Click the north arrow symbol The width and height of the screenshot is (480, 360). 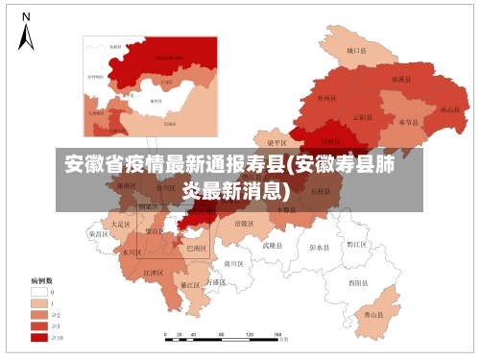[x=26, y=33]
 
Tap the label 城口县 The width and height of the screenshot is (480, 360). [x=357, y=50]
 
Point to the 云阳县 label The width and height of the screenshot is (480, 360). [x=363, y=117]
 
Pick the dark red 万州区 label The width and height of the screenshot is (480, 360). [x=330, y=140]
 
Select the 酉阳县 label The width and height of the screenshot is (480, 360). [x=360, y=283]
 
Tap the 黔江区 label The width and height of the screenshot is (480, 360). [x=357, y=245]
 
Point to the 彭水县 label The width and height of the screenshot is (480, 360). [x=320, y=247]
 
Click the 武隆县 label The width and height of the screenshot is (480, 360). [x=274, y=245]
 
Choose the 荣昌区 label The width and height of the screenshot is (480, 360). [x=99, y=233]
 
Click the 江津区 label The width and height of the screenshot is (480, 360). [x=153, y=273]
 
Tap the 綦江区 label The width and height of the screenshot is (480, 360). [x=190, y=285]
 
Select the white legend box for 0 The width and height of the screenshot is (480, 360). [x=38, y=291]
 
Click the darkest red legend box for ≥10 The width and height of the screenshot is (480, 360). [x=38, y=337]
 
